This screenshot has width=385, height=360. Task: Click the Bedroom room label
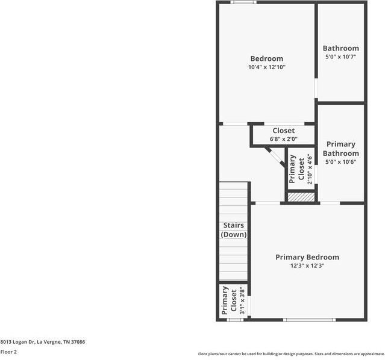tap(266, 58)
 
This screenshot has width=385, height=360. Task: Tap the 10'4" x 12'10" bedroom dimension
tap(266, 67)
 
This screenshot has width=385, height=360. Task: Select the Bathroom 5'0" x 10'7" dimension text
tap(340, 57)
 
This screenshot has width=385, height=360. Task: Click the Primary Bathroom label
tap(340, 149)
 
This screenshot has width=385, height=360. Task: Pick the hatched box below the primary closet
tap(301, 197)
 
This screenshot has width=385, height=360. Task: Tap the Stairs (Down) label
tap(234, 230)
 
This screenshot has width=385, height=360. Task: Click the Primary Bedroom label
tap(307, 257)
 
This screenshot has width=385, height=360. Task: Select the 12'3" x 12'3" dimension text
tap(307, 265)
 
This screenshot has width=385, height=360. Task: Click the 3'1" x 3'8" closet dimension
tap(242, 300)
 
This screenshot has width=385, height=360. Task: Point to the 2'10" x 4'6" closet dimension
tap(310, 169)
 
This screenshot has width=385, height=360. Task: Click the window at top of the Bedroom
tap(244, 2)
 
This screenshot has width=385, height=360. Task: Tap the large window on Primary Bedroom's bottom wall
tap(309, 319)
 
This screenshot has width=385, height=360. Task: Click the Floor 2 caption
tap(8, 352)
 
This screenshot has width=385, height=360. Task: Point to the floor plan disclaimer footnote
tap(291, 354)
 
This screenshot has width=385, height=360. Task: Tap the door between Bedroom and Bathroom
tap(316, 88)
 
